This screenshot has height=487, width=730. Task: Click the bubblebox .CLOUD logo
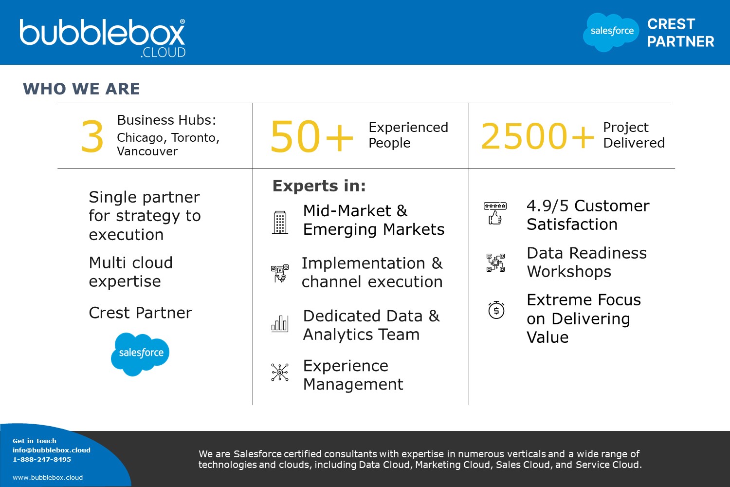point(102,38)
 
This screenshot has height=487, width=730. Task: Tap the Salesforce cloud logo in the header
point(611,32)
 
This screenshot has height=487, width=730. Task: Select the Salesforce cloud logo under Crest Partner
point(140,354)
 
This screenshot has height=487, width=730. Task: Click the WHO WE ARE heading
point(81,89)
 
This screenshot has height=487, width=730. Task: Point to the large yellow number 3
point(92,136)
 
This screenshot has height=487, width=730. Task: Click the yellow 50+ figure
point(311,136)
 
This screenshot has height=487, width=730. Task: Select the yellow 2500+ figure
point(537,136)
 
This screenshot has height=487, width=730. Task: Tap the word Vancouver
point(147,151)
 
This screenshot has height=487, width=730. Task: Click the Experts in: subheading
point(319,186)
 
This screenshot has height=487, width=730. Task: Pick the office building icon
point(280,223)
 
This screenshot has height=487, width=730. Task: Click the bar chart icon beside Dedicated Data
point(280,323)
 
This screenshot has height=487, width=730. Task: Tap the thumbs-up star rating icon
point(495,213)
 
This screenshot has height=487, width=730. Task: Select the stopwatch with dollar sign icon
point(496,310)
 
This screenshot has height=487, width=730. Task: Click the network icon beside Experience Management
point(280,372)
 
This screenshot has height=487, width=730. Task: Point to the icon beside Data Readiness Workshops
point(496,262)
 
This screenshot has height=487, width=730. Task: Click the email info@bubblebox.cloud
point(52,450)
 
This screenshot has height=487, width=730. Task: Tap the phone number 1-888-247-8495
point(42,459)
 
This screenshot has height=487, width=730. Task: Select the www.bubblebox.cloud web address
point(48,477)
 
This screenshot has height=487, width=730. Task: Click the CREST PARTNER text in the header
point(680,33)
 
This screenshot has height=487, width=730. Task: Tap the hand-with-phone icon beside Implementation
point(280,273)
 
